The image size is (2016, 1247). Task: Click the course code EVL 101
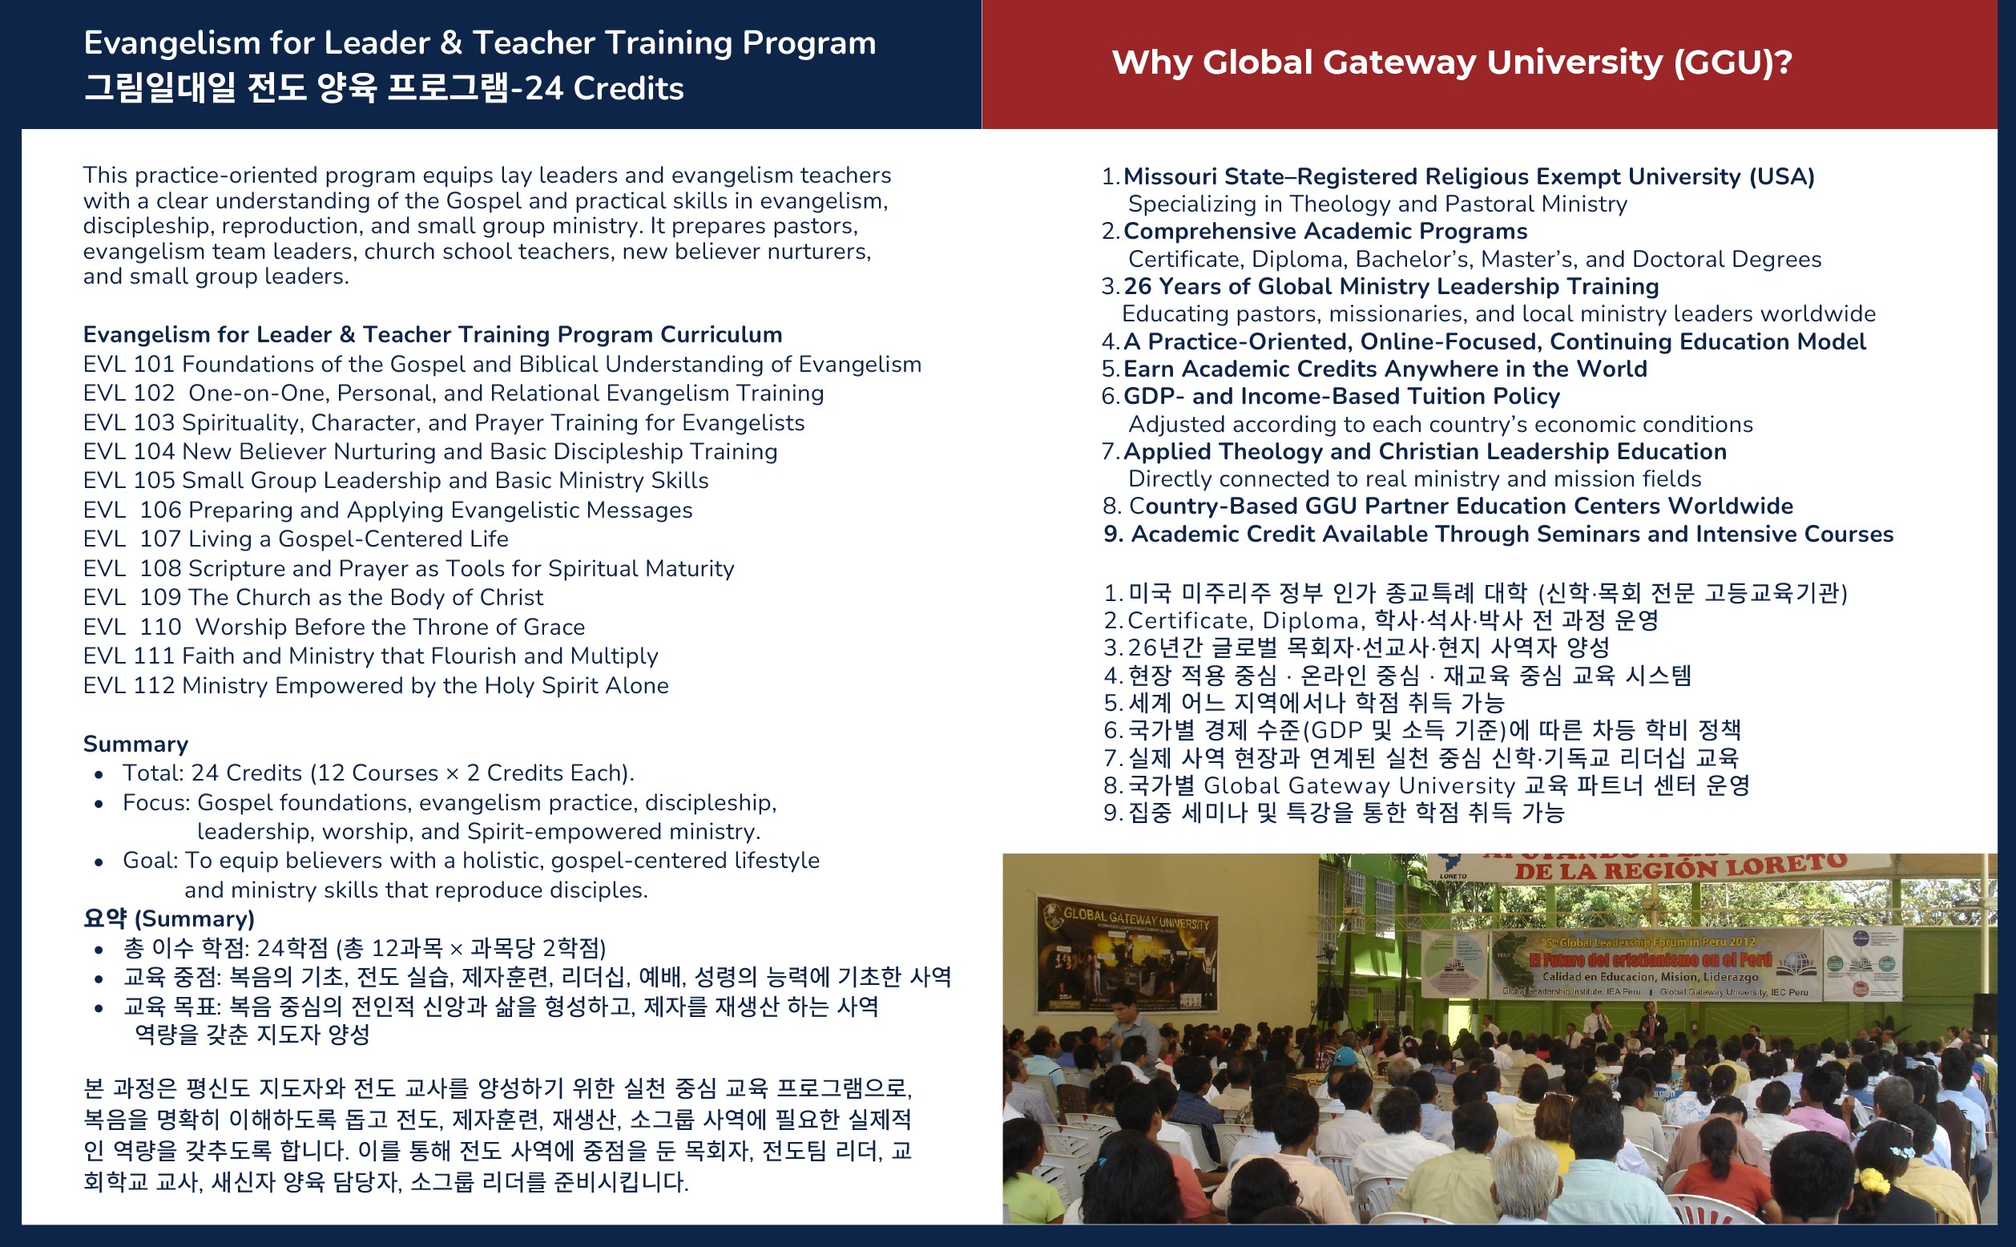[129, 364]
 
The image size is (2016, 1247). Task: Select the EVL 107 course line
[296, 539]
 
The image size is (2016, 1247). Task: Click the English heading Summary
[136, 744]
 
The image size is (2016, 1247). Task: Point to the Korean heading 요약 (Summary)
[169, 918]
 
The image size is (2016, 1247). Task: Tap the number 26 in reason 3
[1137, 286]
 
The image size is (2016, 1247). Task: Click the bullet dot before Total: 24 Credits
[99, 774]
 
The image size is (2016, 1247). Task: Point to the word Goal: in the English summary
[150, 860]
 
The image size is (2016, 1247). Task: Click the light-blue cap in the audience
[1347, 1056]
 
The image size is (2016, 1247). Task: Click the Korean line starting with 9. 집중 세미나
[1334, 813]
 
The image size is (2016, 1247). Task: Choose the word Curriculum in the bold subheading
[720, 334]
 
